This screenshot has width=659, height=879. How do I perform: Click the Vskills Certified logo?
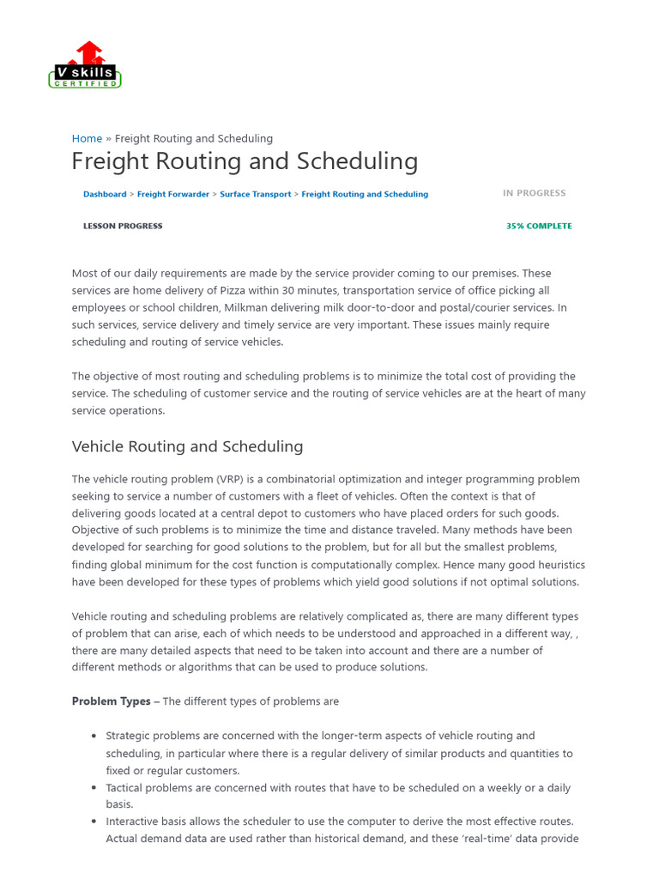pyautogui.click(x=85, y=65)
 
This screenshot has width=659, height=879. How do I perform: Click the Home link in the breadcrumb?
pyautogui.click(x=87, y=138)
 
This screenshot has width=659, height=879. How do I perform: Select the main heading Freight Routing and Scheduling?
pyautogui.click(x=245, y=161)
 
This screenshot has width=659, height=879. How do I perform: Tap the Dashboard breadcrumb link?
pyautogui.click(x=105, y=194)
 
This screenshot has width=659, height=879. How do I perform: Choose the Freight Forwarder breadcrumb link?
pyautogui.click(x=172, y=194)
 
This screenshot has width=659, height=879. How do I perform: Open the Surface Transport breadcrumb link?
pyautogui.click(x=255, y=194)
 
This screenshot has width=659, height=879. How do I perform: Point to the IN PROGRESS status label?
pyautogui.click(x=534, y=193)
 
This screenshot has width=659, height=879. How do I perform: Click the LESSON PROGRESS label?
pyautogui.click(x=122, y=226)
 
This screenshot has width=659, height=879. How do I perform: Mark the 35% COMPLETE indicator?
pyautogui.click(x=539, y=226)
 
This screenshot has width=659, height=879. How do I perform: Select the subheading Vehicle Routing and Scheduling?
pyautogui.click(x=187, y=446)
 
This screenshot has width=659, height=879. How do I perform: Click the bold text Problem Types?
pyautogui.click(x=111, y=701)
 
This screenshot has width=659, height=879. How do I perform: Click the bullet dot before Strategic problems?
pyautogui.click(x=94, y=736)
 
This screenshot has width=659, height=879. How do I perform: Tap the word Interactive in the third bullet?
pyautogui.click(x=132, y=821)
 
